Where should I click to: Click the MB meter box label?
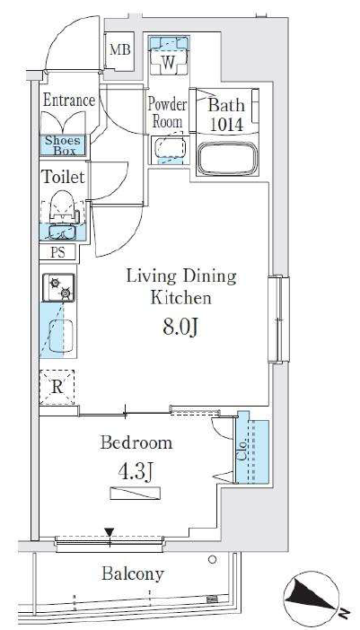[120, 50]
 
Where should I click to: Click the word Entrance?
[69, 101]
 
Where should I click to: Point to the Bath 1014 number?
[227, 125]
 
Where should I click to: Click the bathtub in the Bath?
[227, 158]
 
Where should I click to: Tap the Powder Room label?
[167, 113]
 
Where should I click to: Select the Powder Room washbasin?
[169, 150]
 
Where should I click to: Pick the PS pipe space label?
[57, 252]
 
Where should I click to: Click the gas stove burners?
[59, 288]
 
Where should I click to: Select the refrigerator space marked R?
[57, 388]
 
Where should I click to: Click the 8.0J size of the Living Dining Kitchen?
[180, 327]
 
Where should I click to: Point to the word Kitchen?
[180, 298]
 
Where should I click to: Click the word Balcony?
[133, 573]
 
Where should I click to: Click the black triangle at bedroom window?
[109, 532]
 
